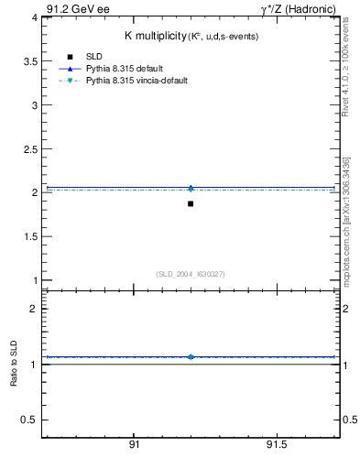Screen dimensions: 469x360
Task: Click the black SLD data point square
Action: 191,203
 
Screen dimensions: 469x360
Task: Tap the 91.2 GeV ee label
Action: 77,7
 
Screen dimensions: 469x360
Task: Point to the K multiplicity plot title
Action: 191,36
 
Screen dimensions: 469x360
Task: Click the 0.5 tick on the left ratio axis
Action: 28,420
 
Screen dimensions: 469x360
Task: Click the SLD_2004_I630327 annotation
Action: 190,274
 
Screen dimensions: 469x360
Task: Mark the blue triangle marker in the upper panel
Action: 191,187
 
